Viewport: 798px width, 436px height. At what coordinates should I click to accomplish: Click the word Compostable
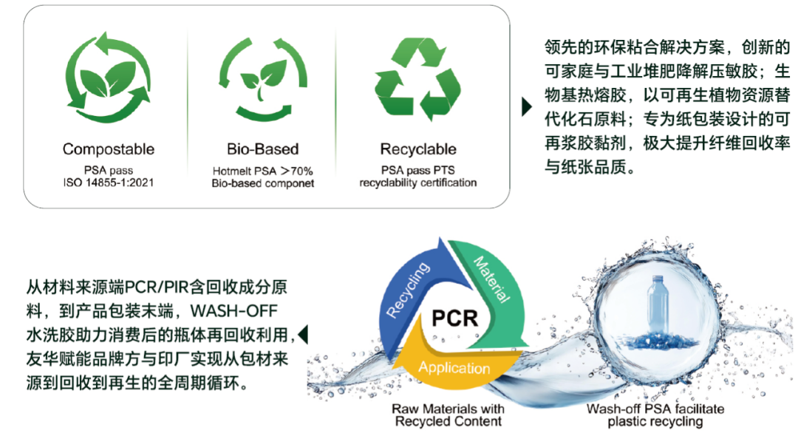coord(109,149)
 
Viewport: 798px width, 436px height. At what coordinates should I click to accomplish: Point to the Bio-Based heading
coord(262,149)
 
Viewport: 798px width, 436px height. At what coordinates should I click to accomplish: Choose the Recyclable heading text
coord(418,149)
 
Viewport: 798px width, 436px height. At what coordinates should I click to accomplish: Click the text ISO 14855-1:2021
coord(109,183)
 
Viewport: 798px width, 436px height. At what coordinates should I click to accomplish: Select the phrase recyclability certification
coord(418,183)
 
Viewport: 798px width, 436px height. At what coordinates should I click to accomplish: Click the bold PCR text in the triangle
coord(454,319)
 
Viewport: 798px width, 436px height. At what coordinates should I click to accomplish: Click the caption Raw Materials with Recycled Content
coord(448,415)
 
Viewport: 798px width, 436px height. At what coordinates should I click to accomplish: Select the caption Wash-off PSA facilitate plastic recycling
coord(655,415)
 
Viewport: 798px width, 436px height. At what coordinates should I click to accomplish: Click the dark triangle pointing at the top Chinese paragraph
coord(526,106)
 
